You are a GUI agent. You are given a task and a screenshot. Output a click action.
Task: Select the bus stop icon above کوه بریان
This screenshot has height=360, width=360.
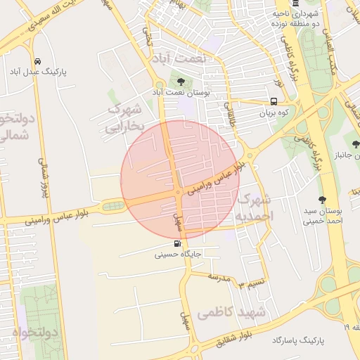pyautogui.click(x=274, y=101)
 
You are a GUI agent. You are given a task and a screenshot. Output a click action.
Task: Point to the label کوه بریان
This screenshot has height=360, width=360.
pyautogui.click(x=275, y=112)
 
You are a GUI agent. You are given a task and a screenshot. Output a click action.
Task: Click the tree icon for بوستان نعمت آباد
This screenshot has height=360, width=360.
pyautogui.click(x=181, y=82)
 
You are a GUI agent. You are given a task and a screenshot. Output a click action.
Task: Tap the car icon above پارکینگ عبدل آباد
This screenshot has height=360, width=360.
pyautogui.click(x=37, y=61)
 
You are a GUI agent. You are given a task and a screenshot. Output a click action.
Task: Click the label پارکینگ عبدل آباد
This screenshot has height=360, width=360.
pyautogui.click(x=37, y=72)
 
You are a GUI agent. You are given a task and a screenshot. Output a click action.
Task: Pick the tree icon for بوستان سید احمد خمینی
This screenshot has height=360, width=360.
pyautogui.click(x=323, y=200)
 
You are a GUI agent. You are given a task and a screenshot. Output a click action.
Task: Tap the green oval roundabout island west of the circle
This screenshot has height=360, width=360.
pyautogui.click(x=113, y=205)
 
